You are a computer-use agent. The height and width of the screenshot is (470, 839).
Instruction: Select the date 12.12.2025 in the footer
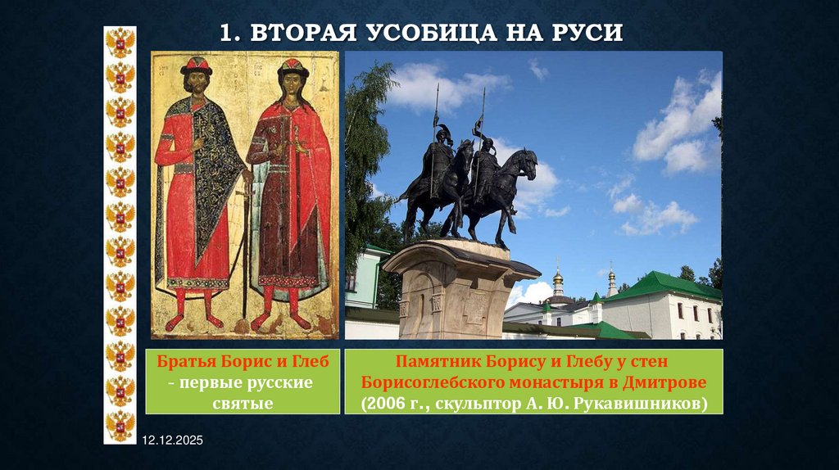pyautogui.click(x=172, y=441)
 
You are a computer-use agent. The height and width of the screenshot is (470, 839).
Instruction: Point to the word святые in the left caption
pyautogui.click(x=243, y=402)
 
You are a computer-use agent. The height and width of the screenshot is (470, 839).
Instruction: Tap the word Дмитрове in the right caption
pyautogui.click(x=660, y=382)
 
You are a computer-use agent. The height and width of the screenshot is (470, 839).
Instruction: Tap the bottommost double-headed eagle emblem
pyautogui.click(x=120, y=426)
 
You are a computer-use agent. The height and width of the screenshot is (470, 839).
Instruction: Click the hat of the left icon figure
pyautogui.click(x=196, y=66)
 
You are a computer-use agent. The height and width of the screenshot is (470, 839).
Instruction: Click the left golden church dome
pyautogui.click(x=558, y=280)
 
